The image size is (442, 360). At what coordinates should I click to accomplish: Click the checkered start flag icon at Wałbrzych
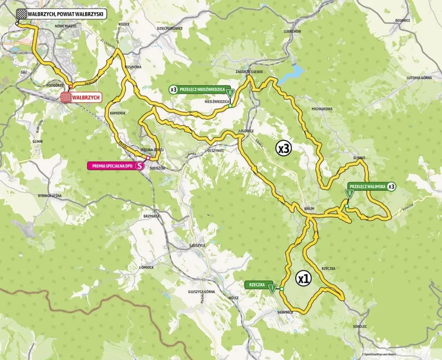pos(21,14)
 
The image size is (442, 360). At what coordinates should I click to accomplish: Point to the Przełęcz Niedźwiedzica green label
pos(202,90)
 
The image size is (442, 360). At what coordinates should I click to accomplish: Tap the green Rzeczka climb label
pos(255,285)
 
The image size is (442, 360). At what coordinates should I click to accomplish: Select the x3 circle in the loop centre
pos(284,148)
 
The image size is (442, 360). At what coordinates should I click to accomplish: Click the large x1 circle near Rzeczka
pos(304,279)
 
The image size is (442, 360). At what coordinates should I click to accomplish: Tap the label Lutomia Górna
pos(419,78)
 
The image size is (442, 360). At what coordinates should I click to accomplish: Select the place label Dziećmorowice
pos(170,28)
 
